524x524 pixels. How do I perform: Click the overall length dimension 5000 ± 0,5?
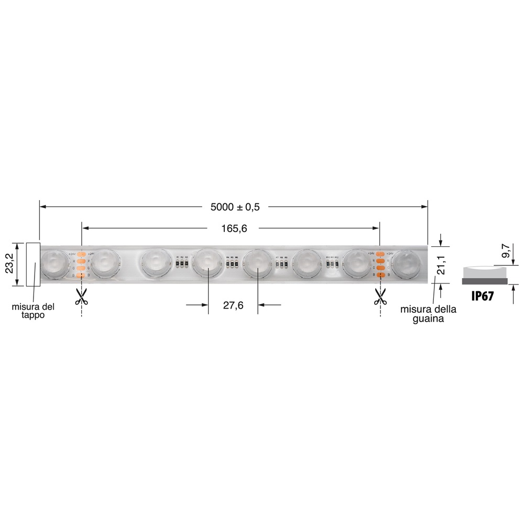(x=235, y=207)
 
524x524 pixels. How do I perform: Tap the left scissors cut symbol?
(x=81, y=297)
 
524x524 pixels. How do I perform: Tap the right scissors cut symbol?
(x=380, y=297)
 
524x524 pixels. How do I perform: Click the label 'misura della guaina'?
(x=428, y=313)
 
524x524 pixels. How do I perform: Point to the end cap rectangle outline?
(x=33, y=264)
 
